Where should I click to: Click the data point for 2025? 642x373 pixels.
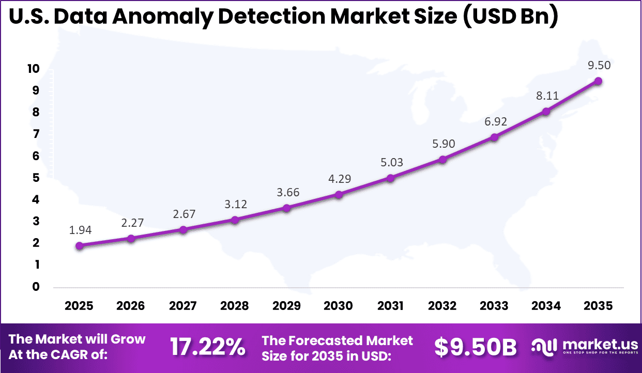(x=79, y=246)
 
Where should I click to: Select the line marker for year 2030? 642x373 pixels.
(x=339, y=195)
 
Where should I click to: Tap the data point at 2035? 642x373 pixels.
(x=598, y=81)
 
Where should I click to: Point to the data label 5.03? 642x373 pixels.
(x=391, y=162)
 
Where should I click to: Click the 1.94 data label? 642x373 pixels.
(x=80, y=230)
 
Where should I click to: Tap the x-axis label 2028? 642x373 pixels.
(x=235, y=306)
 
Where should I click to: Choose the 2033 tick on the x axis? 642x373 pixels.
(x=494, y=306)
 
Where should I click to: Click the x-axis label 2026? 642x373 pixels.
(x=131, y=306)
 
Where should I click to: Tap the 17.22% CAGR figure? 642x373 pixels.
(x=208, y=348)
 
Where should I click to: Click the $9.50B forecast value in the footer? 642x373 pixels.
(x=475, y=348)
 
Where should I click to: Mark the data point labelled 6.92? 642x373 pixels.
(x=494, y=137)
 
